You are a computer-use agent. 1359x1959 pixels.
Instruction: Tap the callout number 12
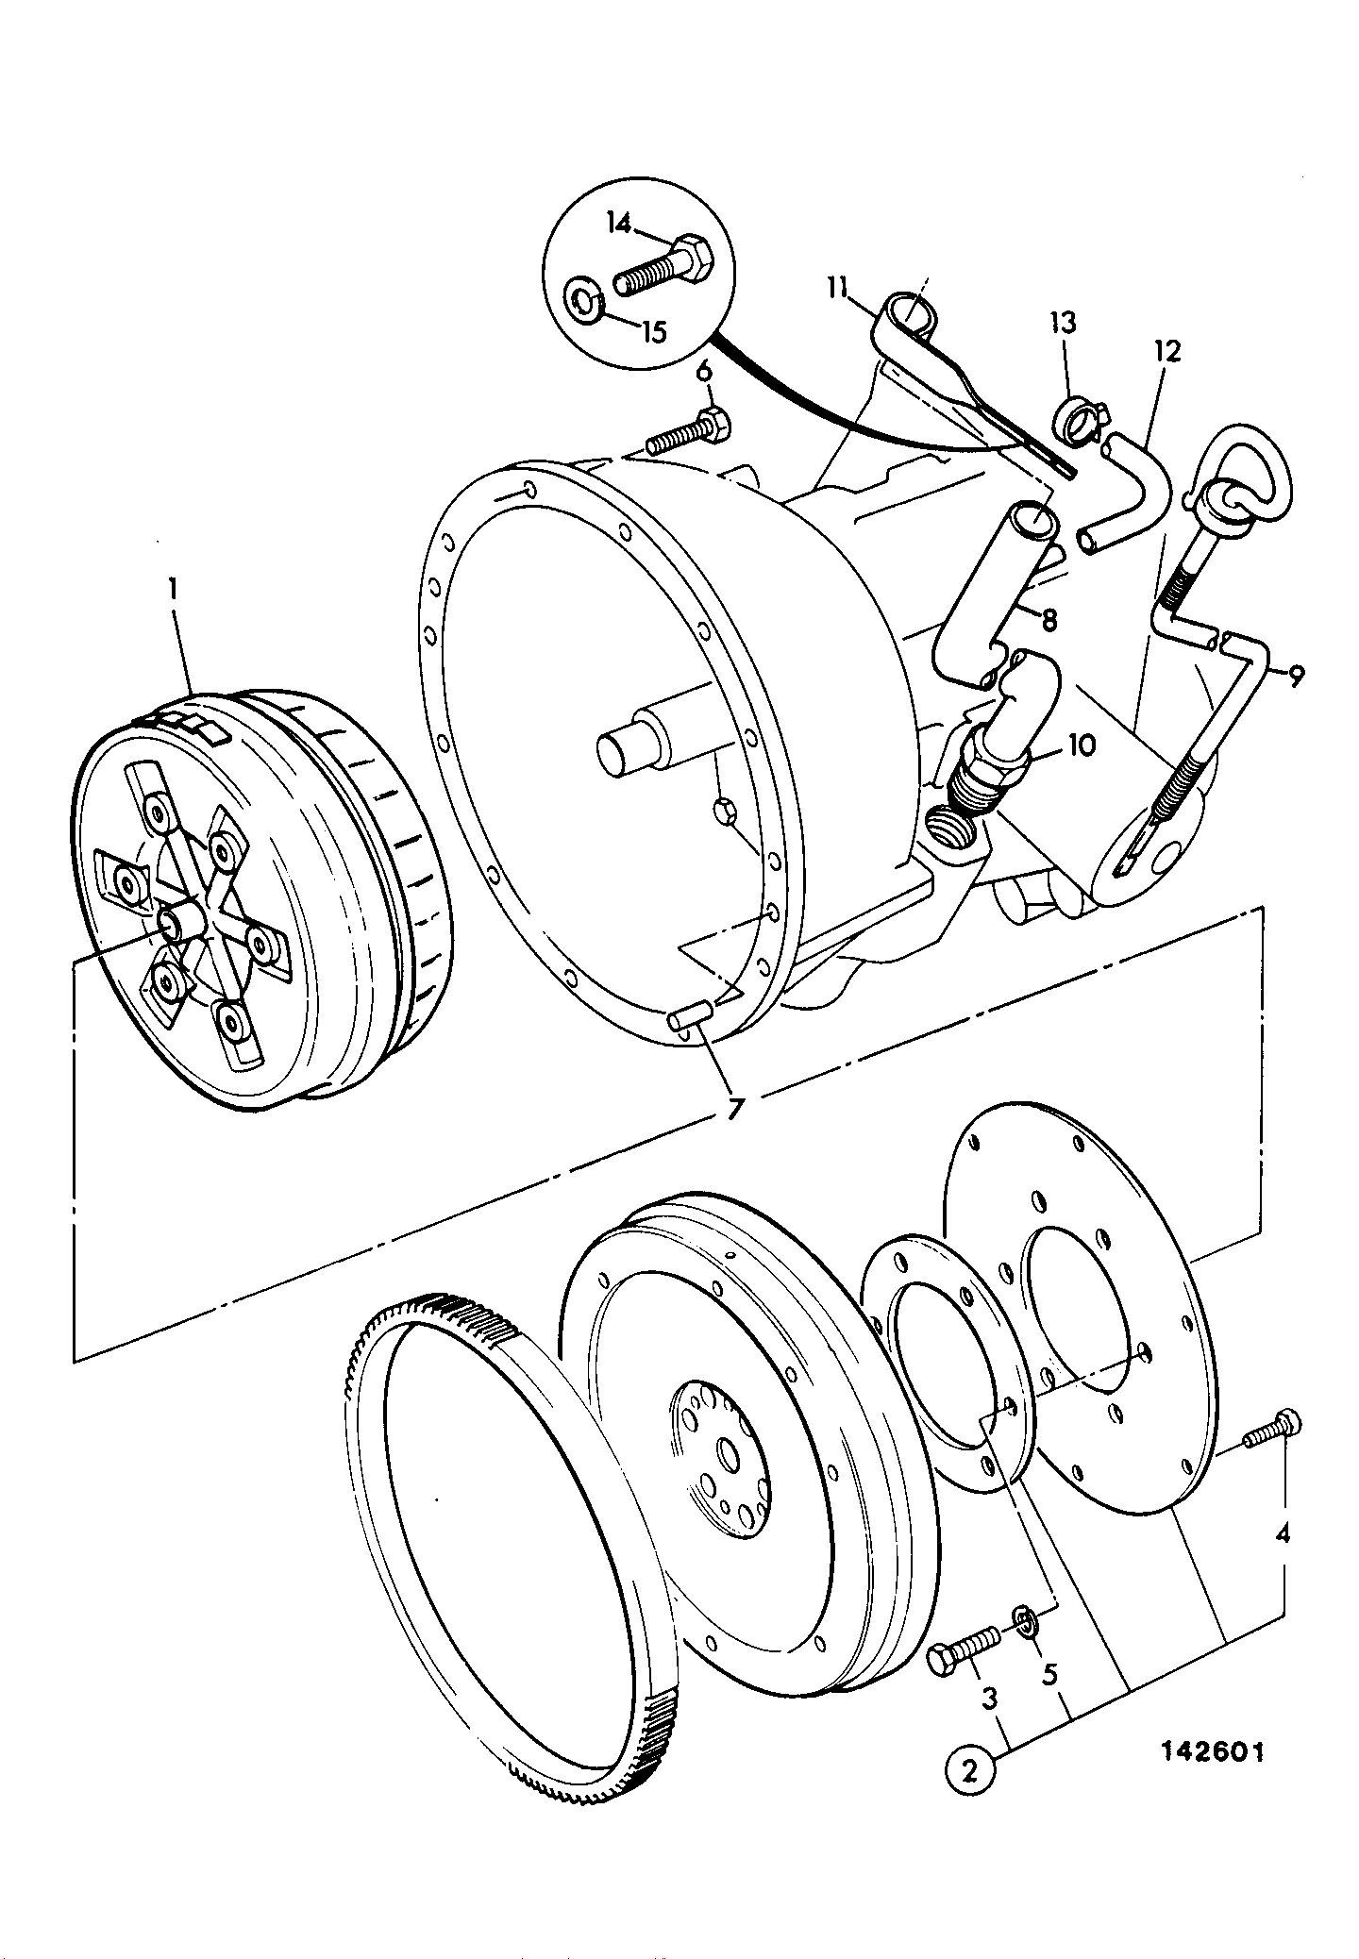pos(1166,352)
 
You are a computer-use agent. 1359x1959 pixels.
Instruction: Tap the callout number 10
pos(1081,746)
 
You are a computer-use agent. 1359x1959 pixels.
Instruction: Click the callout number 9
pos(1295,676)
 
